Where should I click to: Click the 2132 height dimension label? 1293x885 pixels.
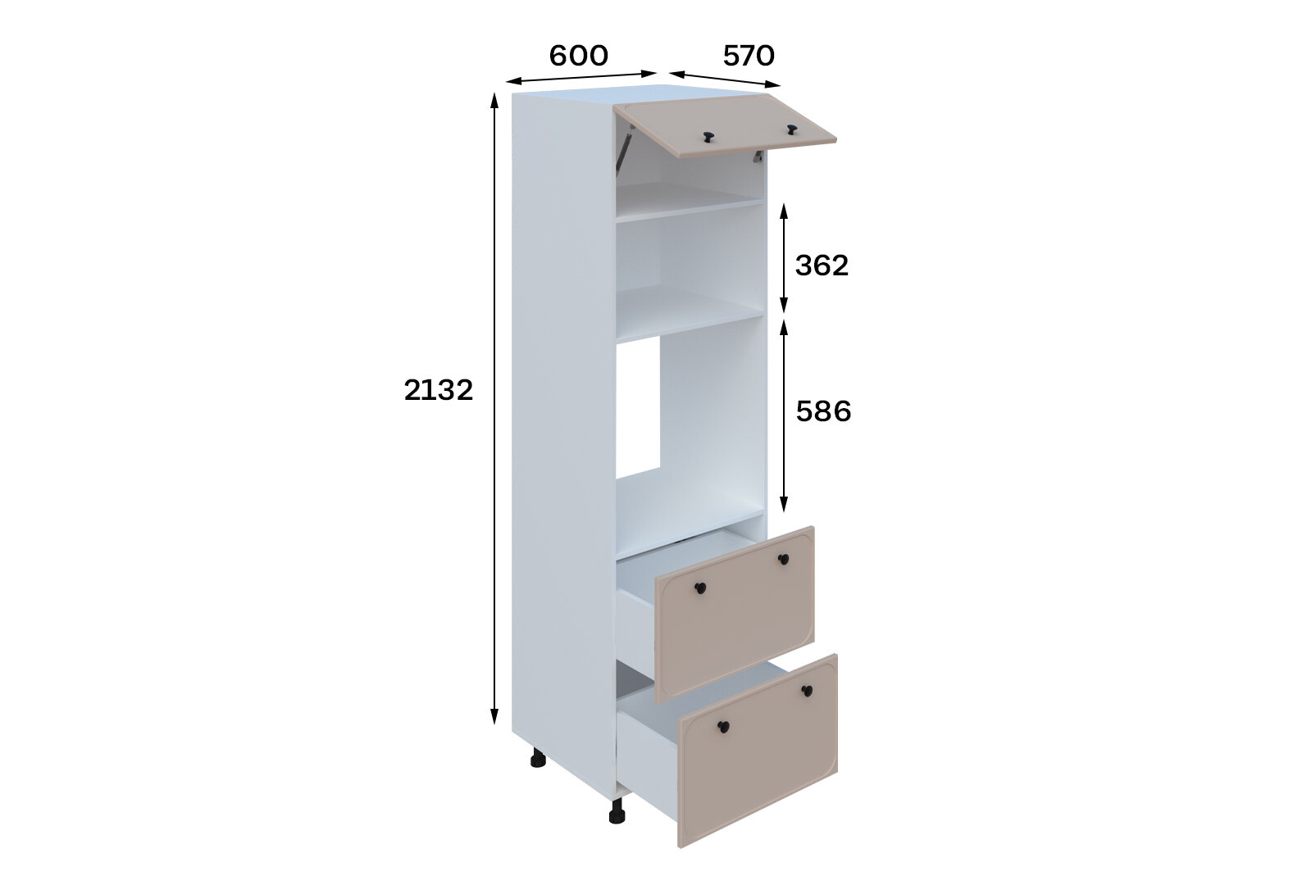pos(438,390)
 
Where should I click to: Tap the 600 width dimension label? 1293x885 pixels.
pos(578,56)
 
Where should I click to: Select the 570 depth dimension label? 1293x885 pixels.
pos(749,56)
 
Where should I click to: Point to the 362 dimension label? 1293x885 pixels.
pos(822,265)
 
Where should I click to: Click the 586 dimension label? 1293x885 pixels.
pos(824,411)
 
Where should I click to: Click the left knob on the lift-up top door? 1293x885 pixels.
pos(708,137)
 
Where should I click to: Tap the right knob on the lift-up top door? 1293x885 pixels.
pos(792,129)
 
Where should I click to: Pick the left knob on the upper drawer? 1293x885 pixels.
pos(700,588)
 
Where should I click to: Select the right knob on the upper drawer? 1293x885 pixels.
pos(783,559)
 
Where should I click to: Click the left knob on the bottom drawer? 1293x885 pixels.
pos(723,727)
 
